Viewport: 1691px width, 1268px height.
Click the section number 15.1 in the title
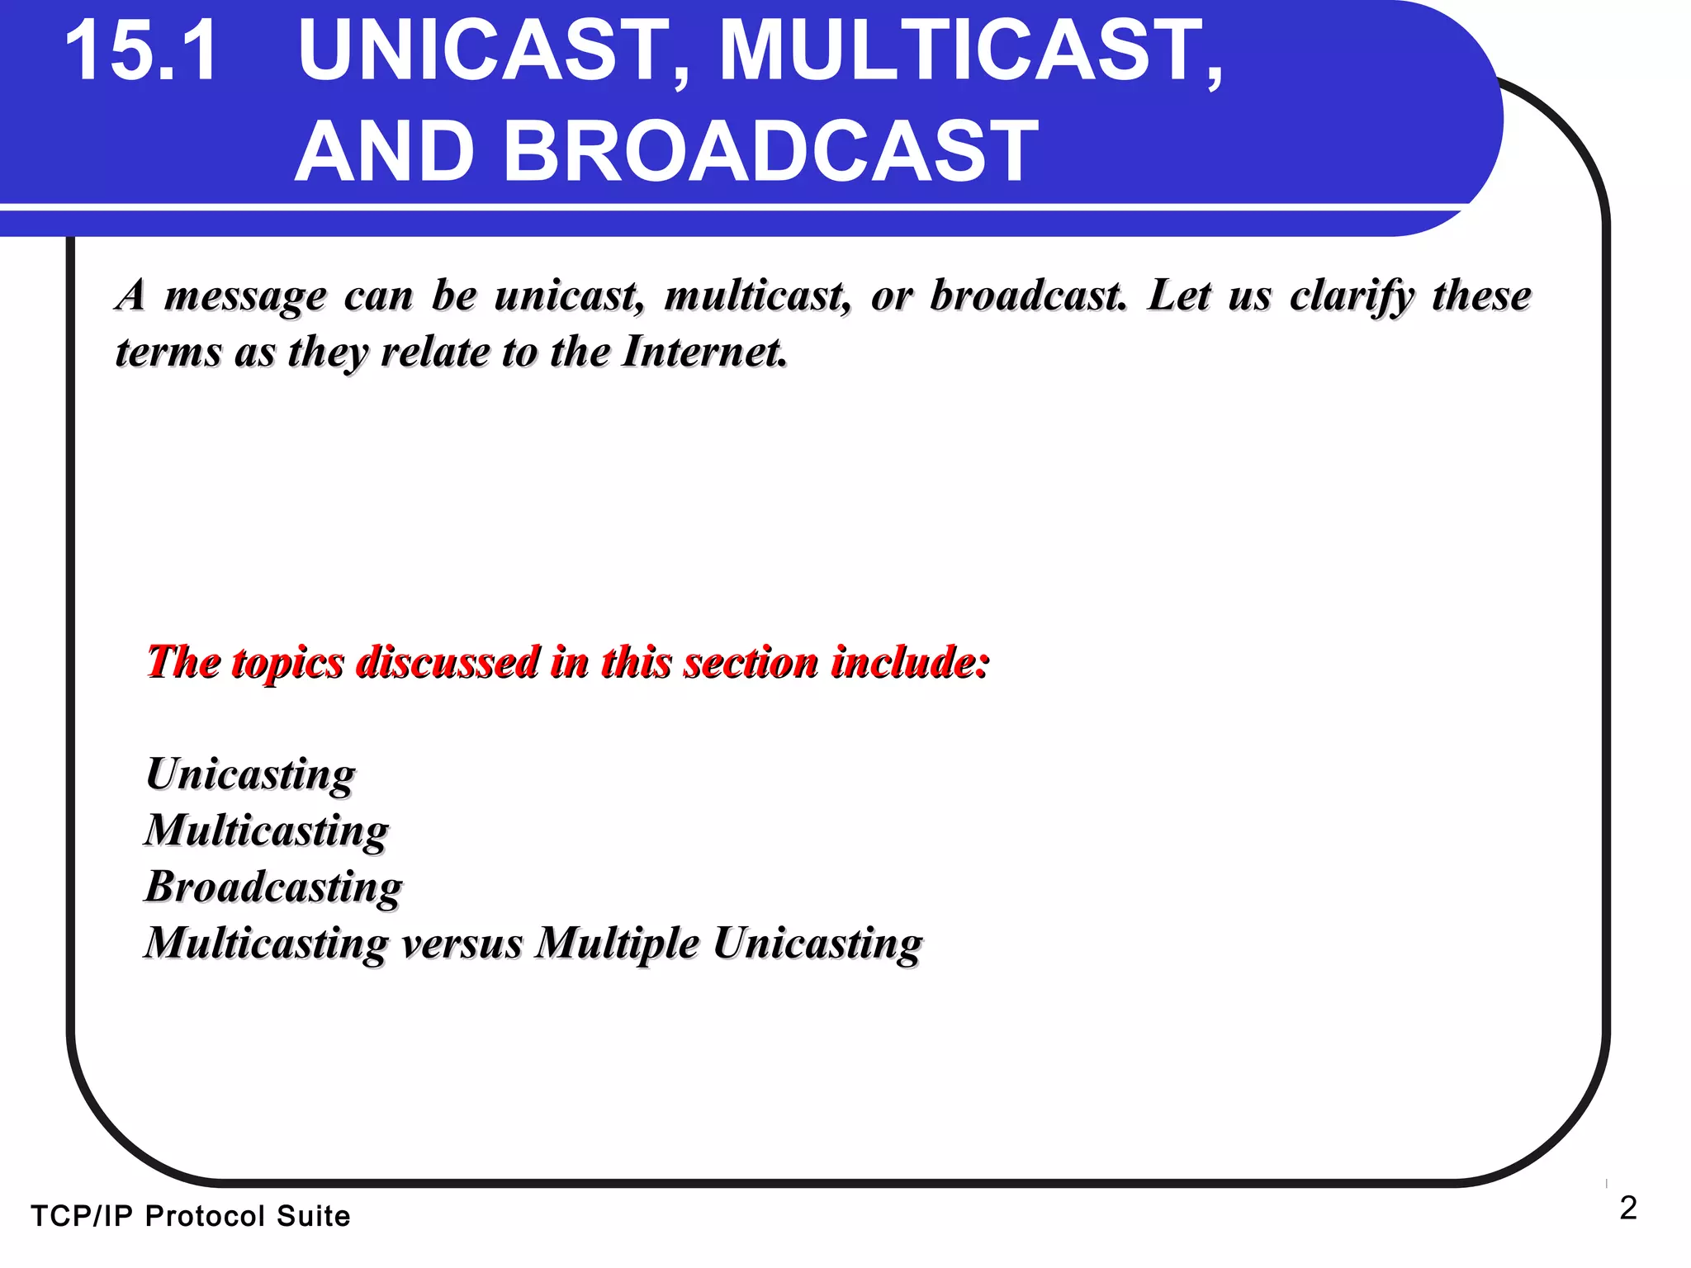pyautogui.click(x=142, y=51)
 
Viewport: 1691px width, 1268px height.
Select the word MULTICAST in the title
pyautogui.click(x=971, y=51)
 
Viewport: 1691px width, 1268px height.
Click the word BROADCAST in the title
pyautogui.click(x=770, y=151)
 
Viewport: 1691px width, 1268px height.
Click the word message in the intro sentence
pyautogui.click(x=245, y=296)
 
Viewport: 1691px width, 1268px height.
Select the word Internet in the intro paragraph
pyautogui.click(x=703, y=352)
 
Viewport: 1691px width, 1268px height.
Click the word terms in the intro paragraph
pyautogui.click(x=168, y=352)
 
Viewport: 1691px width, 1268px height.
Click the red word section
pyautogui.click(x=750, y=663)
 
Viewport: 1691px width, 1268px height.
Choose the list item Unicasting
pyautogui.click(x=250, y=775)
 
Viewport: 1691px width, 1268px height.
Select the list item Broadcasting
pyautogui.click(x=273, y=887)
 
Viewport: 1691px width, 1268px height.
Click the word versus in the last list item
pyautogui.click(x=462, y=943)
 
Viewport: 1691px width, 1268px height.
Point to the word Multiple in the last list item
pyautogui.click(x=617, y=943)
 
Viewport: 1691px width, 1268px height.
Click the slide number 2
pyautogui.click(x=1627, y=1209)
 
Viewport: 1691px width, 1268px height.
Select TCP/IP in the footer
pyautogui.click(x=81, y=1216)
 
